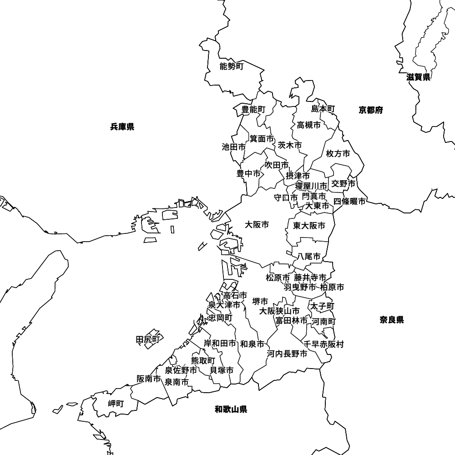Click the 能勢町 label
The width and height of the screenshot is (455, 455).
[x=232, y=67]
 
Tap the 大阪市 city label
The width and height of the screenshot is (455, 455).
[x=257, y=225]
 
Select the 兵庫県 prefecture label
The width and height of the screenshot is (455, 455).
[x=122, y=127]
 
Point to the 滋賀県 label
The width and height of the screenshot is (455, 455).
[x=419, y=77]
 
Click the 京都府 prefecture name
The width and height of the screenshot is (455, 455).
[x=371, y=110]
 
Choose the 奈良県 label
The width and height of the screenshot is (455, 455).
[x=392, y=320]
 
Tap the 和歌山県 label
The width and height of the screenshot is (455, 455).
[x=231, y=409]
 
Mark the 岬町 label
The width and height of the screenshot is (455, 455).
[x=116, y=404]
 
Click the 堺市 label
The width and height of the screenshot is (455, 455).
[x=260, y=301]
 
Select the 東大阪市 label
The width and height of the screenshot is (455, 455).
[x=309, y=226]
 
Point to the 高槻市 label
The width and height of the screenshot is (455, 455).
[x=309, y=125]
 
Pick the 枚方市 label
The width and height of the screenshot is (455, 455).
[x=338, y=154]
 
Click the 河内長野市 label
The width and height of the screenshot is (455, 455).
[x=287, y=354]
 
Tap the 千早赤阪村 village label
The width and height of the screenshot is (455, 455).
[x=324, y=344]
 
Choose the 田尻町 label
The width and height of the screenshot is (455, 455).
[x=148, y=339]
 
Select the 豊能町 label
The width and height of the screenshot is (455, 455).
[x=253, y=109]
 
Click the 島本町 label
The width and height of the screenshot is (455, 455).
[x=323, y=109]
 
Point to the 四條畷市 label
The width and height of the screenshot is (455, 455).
[x=349, y=202]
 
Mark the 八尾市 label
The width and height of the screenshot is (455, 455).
[x=309, y=257]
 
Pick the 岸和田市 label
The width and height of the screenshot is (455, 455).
[x=220, y=344]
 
